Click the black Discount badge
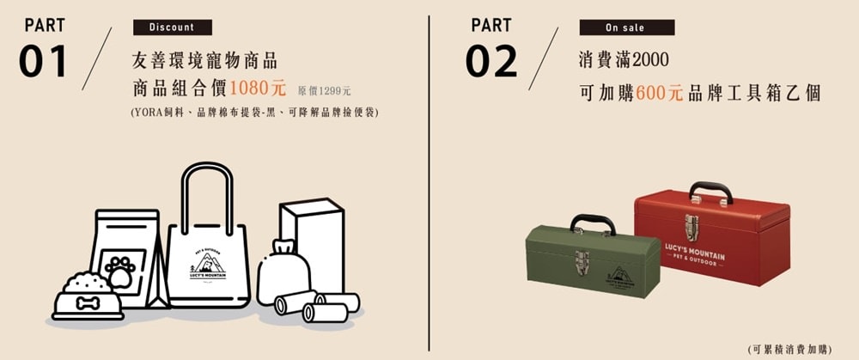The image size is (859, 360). click(173, 27)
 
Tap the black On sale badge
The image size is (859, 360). click(627, 27)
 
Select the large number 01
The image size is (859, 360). click(43, 61)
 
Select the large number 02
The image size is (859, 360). click(491, 61)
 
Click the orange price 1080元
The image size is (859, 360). click(258, 88)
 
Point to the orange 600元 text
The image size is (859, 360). click(660, 93)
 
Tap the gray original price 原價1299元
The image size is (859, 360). click(325, 90)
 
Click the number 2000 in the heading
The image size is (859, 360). click(650, 60)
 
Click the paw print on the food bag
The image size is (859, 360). click(120, 271)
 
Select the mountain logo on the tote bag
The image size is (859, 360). click(208, 264)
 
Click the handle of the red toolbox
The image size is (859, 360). click(711, 192)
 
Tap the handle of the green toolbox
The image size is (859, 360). click(593, 223)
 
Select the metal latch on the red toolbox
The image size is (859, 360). click(691, 228)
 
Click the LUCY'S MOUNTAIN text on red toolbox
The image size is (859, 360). click(695, 253)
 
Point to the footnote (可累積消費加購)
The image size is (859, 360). click(789, 349)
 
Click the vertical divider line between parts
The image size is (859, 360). click(429, 183)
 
